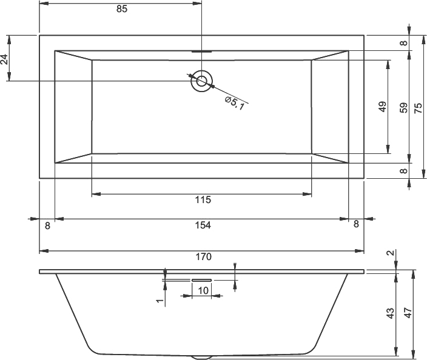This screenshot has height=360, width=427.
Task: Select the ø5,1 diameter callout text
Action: pos(234,103)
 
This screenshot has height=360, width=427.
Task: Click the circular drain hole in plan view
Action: pos(201,81)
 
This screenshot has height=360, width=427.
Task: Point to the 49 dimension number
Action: pos(383,107)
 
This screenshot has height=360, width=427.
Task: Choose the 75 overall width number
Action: pos(418,107)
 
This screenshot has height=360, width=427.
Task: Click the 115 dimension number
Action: pos(202,201)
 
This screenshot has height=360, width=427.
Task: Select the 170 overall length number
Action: pos(203,257)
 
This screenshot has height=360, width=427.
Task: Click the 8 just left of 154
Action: pos(47,225)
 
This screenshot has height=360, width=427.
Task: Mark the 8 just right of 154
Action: pos(356,224)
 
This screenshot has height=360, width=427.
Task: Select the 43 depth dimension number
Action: pos(391,313)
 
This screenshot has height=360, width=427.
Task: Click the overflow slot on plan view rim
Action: pos(201,51)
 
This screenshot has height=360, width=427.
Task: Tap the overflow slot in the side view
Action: pos(201,279)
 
